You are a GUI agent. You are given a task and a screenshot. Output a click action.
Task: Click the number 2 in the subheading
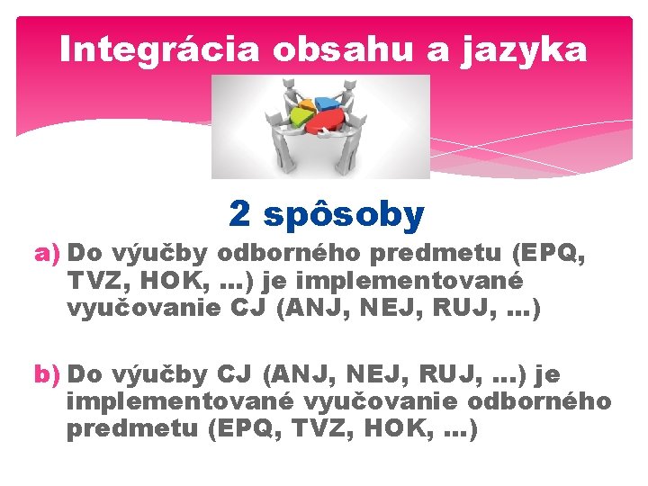coord(239,214)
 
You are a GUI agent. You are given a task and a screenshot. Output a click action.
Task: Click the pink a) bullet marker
coord(47,254)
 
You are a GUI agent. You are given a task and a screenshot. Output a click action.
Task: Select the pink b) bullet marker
coord(47,373)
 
